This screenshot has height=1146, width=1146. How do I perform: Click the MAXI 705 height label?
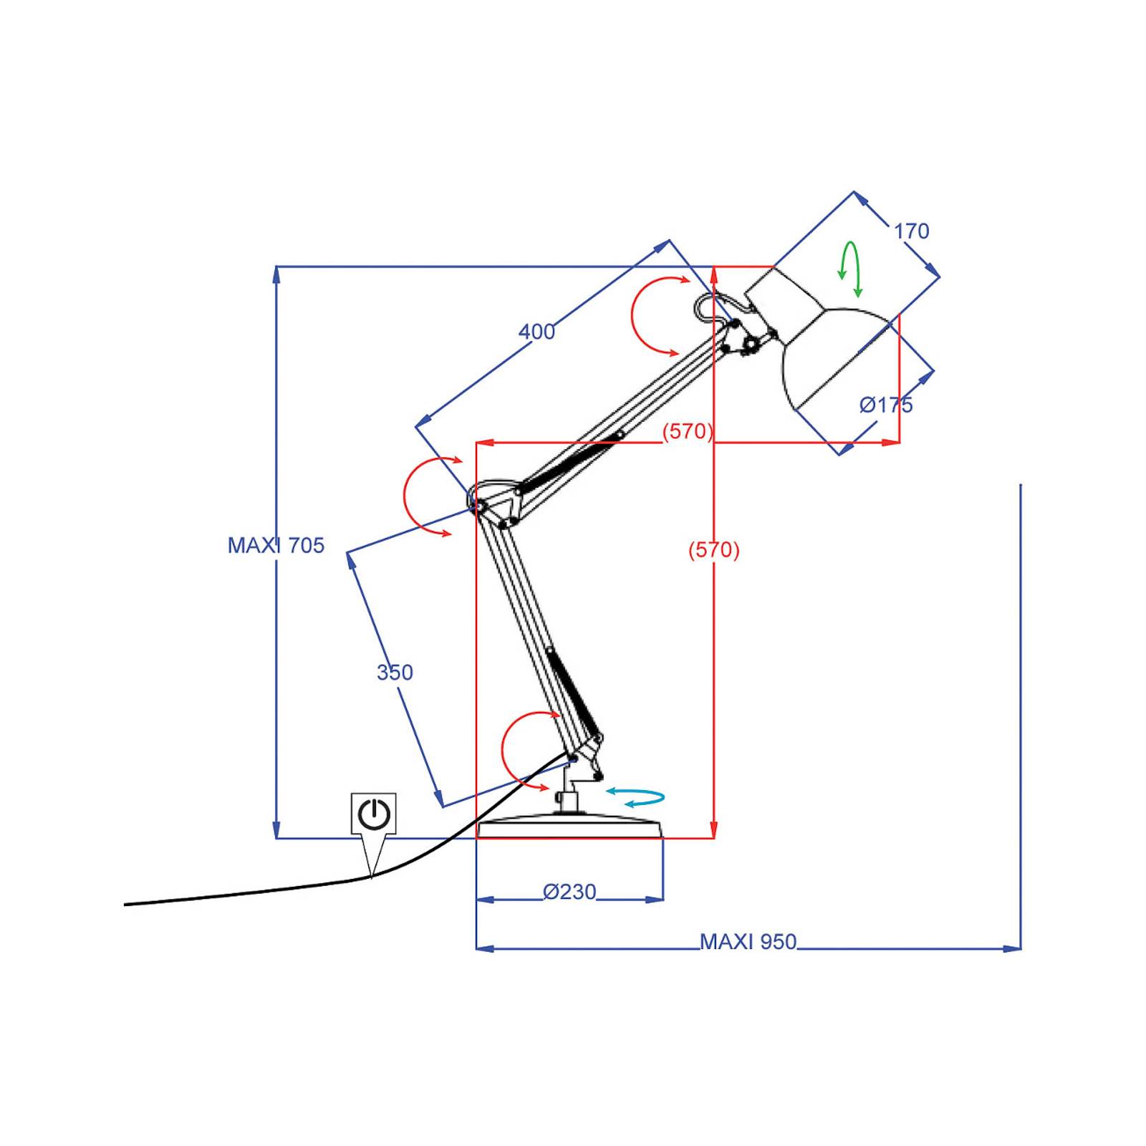tap(276, 546)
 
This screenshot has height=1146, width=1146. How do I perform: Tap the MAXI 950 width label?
tap(748, 942)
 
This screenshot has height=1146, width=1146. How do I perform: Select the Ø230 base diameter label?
tap(569, 892)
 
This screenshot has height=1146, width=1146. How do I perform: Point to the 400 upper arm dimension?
tap(536, 332)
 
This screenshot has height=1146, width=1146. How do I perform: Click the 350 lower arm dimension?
tap(395, 673)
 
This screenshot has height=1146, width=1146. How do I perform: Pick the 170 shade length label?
tap(911, 231)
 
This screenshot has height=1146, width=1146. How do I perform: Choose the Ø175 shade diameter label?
tap(886, 405)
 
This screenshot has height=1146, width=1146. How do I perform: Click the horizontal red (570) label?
tap(688, 431)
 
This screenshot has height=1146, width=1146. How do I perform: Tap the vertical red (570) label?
tap(714, 550)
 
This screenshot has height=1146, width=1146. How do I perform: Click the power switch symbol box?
tap(373, 814)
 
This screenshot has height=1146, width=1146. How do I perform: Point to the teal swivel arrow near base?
tap(636, 797)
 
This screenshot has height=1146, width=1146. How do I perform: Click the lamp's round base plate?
tap(569, 828)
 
